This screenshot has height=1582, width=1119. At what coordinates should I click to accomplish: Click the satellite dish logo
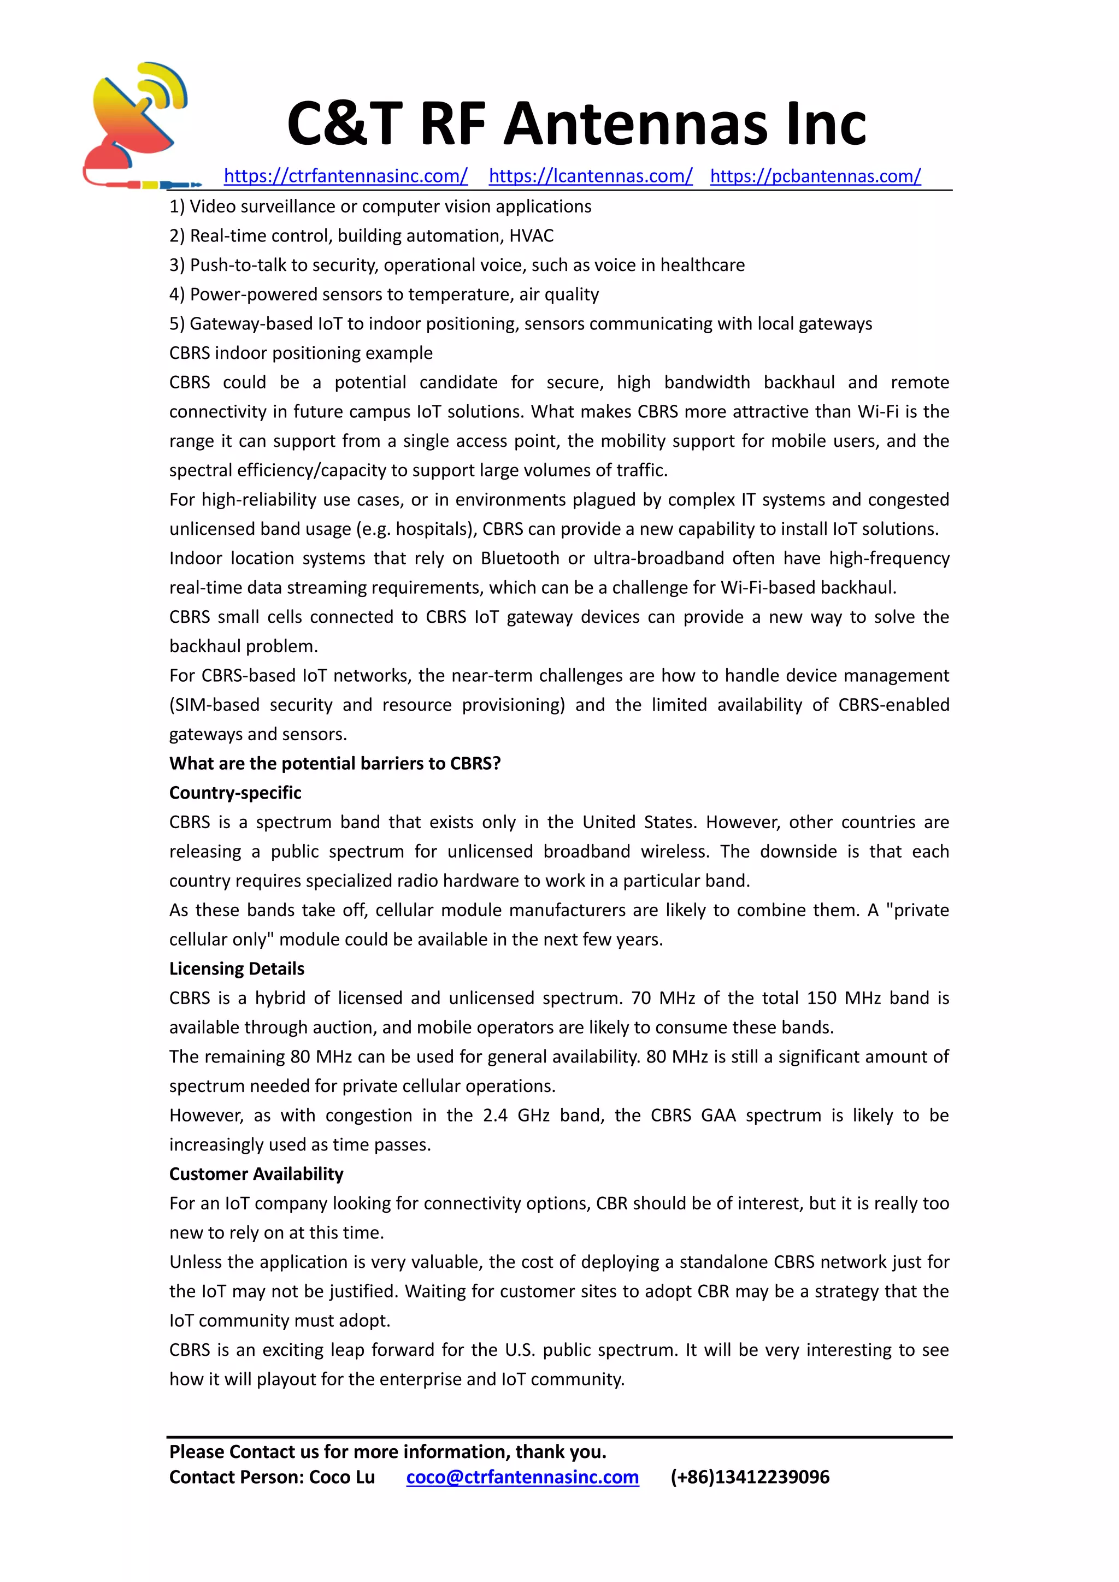click(138, 124)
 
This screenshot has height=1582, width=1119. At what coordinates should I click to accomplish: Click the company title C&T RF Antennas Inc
click(576, 124)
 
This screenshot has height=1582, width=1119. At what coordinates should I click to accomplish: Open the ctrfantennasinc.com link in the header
click(345, 176)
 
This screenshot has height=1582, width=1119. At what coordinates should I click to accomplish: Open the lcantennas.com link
click(591, 176)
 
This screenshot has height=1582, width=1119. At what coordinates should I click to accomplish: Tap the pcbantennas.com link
click(815, 176)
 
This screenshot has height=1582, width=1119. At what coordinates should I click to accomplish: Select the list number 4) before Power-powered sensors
click(177, 295)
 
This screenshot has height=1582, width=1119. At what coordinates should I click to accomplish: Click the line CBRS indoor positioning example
click(301, 353)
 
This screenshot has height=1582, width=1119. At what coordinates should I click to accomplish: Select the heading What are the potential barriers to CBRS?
click(335, 764)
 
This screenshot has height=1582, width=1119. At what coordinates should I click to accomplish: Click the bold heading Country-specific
click(235, 793)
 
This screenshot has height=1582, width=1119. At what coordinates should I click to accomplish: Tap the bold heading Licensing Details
click(237, 969)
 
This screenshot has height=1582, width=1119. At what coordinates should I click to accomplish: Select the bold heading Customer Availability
click(256, 1174)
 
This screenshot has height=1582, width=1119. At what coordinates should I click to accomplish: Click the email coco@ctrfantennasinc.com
click(522, 1477)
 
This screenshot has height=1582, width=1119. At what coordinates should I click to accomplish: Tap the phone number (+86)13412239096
click(750, 1477)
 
